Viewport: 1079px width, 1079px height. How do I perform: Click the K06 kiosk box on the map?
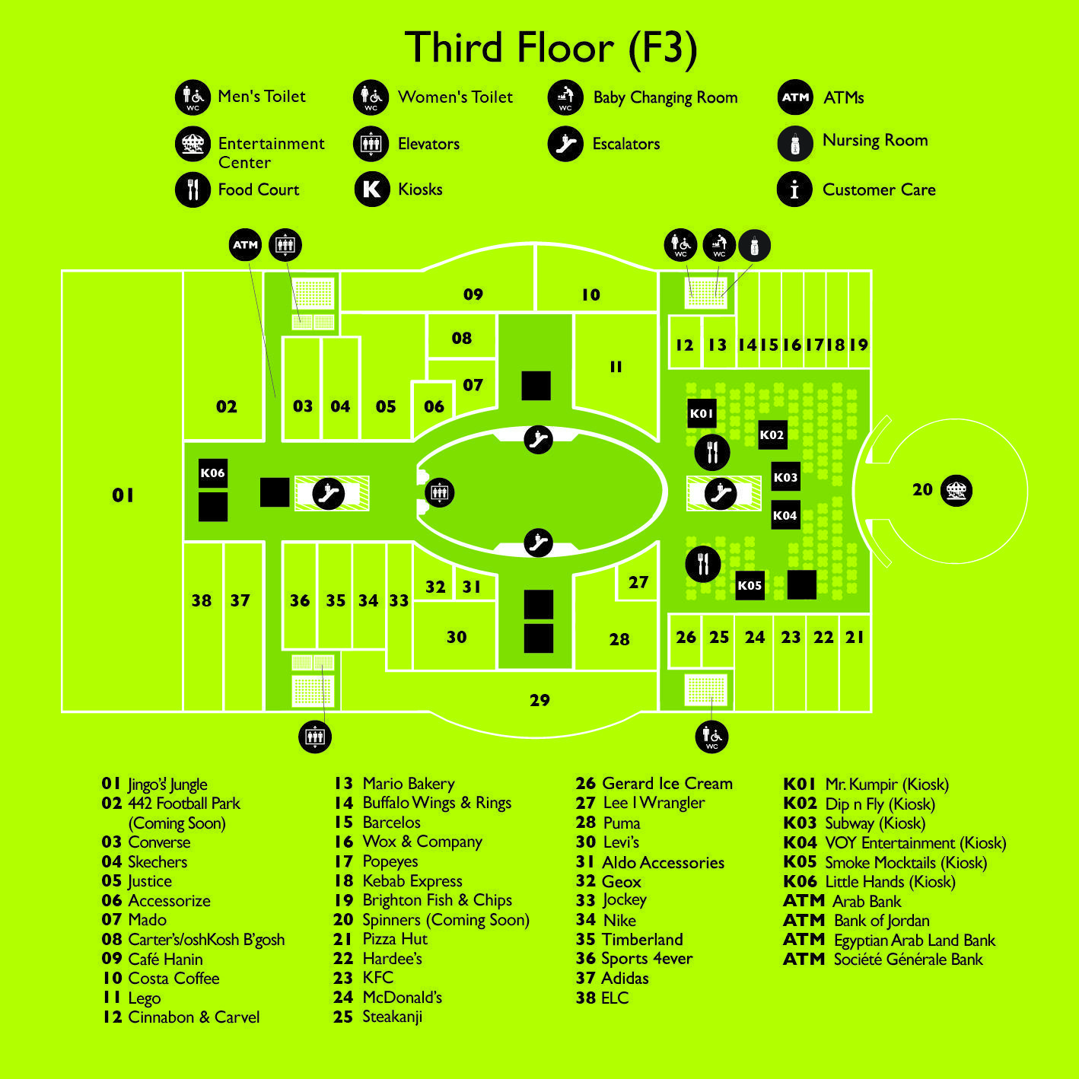(x=213, y=473)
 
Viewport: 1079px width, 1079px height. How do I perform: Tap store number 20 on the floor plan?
(x=922, y=490)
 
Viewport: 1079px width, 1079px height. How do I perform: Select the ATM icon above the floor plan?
(x=245, y=245)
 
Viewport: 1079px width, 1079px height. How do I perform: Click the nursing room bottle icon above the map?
(x=754, y=245)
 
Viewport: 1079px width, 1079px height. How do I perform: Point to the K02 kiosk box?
(x=772, y=435)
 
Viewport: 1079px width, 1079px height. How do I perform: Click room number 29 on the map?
(x=539, y=700)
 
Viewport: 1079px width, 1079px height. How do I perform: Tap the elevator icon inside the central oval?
(x=440, y=493)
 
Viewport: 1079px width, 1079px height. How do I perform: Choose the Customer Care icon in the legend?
(x=794, y=189)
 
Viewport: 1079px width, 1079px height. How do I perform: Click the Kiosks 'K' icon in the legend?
(x=372, y=189)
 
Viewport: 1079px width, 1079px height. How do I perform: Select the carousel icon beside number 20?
(x=956, y=491)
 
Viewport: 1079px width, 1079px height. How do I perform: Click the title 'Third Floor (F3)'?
(x=551, y=48)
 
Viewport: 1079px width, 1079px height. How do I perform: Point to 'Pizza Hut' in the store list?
(x=395, y=938)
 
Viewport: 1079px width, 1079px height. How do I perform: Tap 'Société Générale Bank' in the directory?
(x=908, y=960)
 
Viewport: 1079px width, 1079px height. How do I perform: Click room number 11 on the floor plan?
(x=616, y=367)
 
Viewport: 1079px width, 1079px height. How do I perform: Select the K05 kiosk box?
(x=750, y=586)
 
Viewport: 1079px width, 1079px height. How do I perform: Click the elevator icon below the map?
(x=315, y=737)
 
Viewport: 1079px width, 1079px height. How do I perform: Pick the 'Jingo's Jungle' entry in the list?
(x=167, y=785)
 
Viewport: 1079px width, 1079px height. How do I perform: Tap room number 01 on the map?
(x=123, y=495)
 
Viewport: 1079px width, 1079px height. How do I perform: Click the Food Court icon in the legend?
(x=193, y=189)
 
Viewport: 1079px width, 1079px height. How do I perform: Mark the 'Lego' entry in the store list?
(x=145, y=998)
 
